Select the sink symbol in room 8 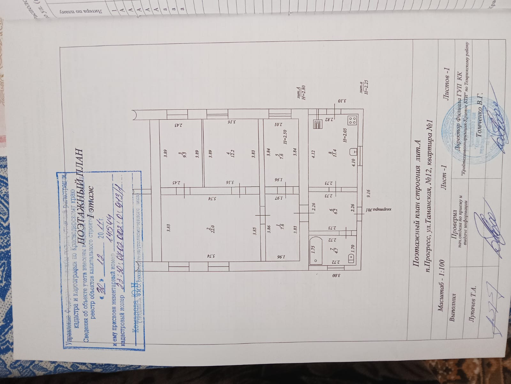pos(354,151)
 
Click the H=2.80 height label pos(302,92)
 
